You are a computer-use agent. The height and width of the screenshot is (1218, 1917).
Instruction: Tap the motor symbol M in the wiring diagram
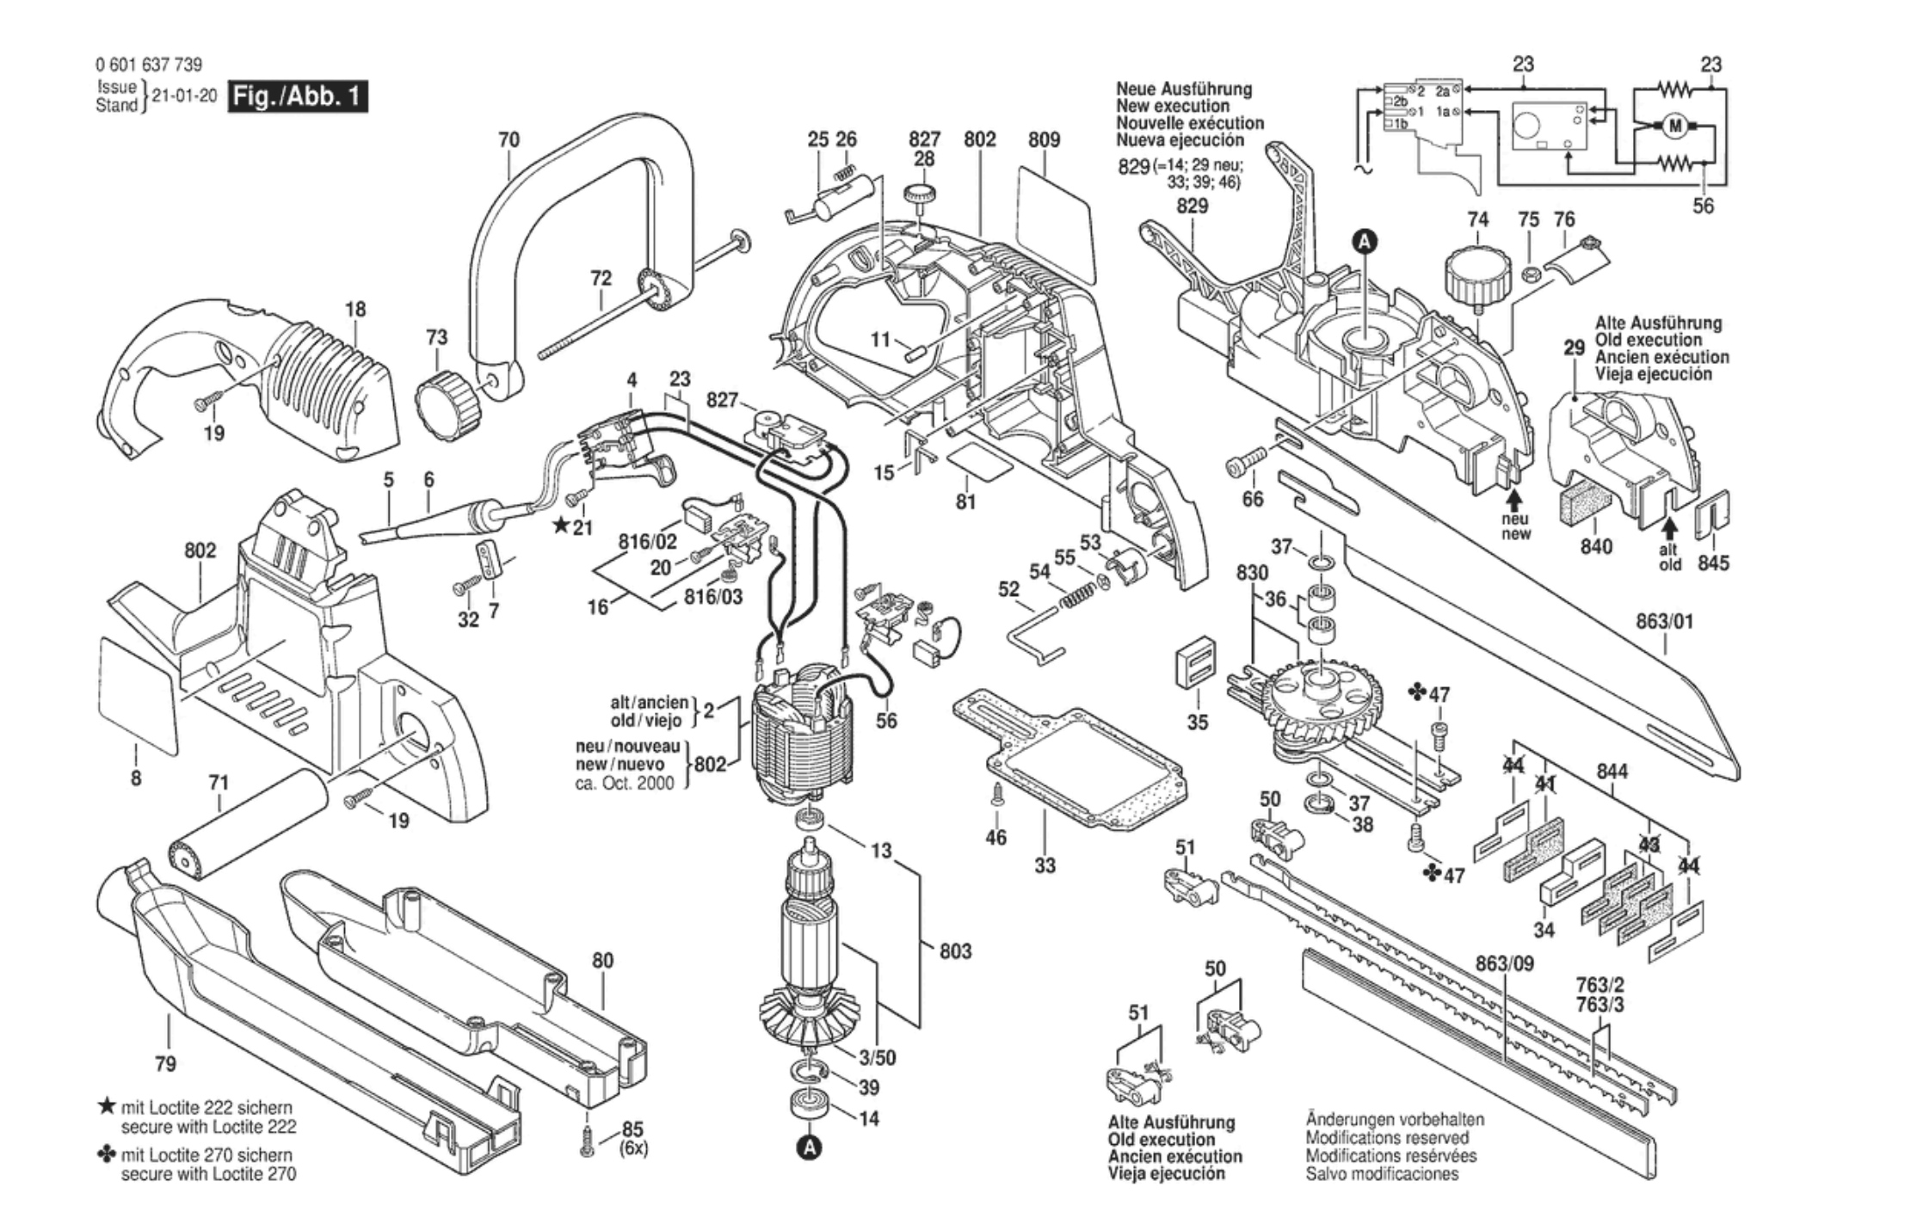(1674, 127)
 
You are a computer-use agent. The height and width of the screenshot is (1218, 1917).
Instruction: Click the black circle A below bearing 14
(808, 1147)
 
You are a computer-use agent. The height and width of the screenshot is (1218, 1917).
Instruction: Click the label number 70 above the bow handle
(509, 139)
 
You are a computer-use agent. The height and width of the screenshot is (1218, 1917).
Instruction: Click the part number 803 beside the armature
(955, 950)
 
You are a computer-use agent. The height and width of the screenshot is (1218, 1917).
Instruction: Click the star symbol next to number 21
(561, 524)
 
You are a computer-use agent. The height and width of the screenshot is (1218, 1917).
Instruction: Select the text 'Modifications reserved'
(1387, 1138)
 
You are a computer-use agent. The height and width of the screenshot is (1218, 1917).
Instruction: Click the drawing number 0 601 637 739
(149, 65)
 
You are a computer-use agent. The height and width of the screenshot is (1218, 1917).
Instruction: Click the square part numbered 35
(1196, 664)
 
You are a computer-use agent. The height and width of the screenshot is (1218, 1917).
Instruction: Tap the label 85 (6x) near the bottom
(633, 1138)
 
